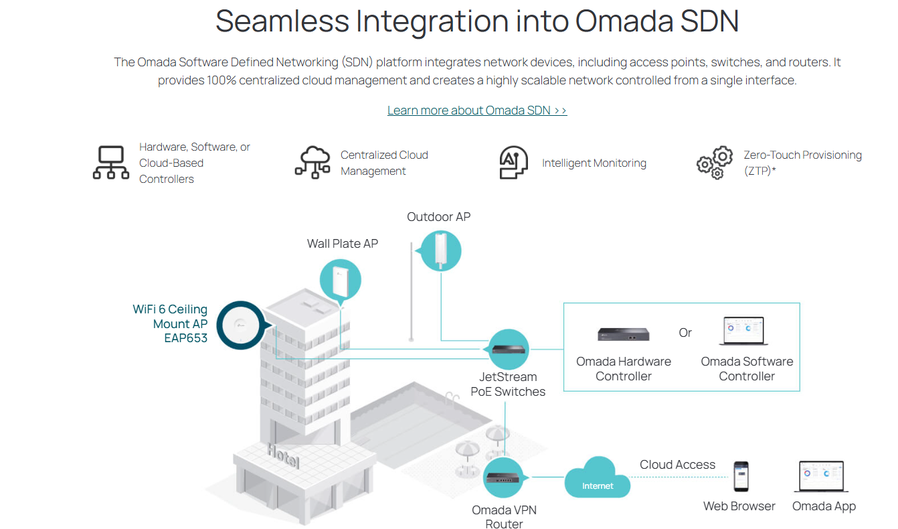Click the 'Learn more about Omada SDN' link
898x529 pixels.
pos(477,110)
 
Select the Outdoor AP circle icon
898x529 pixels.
pos(440,250)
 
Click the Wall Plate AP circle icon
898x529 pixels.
pos(341,280)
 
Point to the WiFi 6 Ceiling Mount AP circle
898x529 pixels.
pos(241,325)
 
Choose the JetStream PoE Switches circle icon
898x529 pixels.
pos(509,350)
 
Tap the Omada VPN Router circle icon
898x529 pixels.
pos(503,477)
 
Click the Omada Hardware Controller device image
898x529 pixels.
pos(624,334)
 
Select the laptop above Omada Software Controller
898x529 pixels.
pos(743,331)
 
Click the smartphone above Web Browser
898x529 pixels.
pos(741,477)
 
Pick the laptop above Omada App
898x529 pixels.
pos(822,477)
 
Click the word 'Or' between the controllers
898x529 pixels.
pos(685,333)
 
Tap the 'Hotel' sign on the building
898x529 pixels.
pos(284,456)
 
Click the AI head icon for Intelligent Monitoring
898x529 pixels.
pos(513,163)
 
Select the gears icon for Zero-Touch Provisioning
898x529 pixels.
pos(715,163)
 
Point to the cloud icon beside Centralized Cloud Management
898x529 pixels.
pos(312,163)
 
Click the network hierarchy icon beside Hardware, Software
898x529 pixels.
pos(111,163)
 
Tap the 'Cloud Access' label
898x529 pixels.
pos(677,465)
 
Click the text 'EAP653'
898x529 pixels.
pos(185,338)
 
